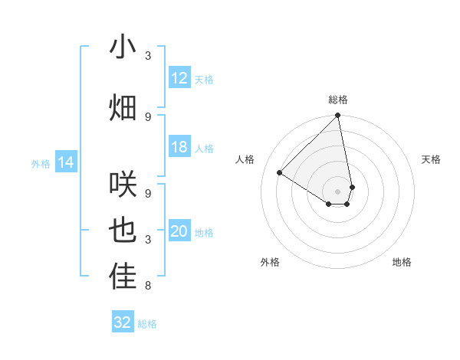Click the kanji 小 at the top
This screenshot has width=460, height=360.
tap(123, 47)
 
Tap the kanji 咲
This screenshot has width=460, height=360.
tap(123, 184)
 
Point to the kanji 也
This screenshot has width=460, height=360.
tap(123, 231)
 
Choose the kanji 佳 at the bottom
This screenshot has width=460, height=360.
tap(123, 277)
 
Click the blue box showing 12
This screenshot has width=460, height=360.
tap(179, 78)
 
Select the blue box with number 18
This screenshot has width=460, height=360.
tap(179, 147)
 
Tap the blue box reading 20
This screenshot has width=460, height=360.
tap(179, 231)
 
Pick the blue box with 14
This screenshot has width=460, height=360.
tap(66, 162)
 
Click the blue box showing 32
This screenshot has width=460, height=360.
tap(123, 322)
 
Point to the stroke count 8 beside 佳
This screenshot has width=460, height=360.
tap(148, 286)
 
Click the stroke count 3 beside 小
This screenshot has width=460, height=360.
tap(148, 56)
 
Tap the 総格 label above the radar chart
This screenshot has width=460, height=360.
tap(337, 100)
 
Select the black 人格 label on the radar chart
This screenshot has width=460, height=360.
tap(245, 159)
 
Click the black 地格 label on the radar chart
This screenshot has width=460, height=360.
tap(402, 263)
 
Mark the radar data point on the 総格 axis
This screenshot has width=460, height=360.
tap(337, 116)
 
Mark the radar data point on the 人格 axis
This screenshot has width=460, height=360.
tap(280, 173)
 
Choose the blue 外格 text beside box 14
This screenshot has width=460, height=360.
tap(41, 163)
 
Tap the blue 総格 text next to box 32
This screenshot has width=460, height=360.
tap(147, 324)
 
